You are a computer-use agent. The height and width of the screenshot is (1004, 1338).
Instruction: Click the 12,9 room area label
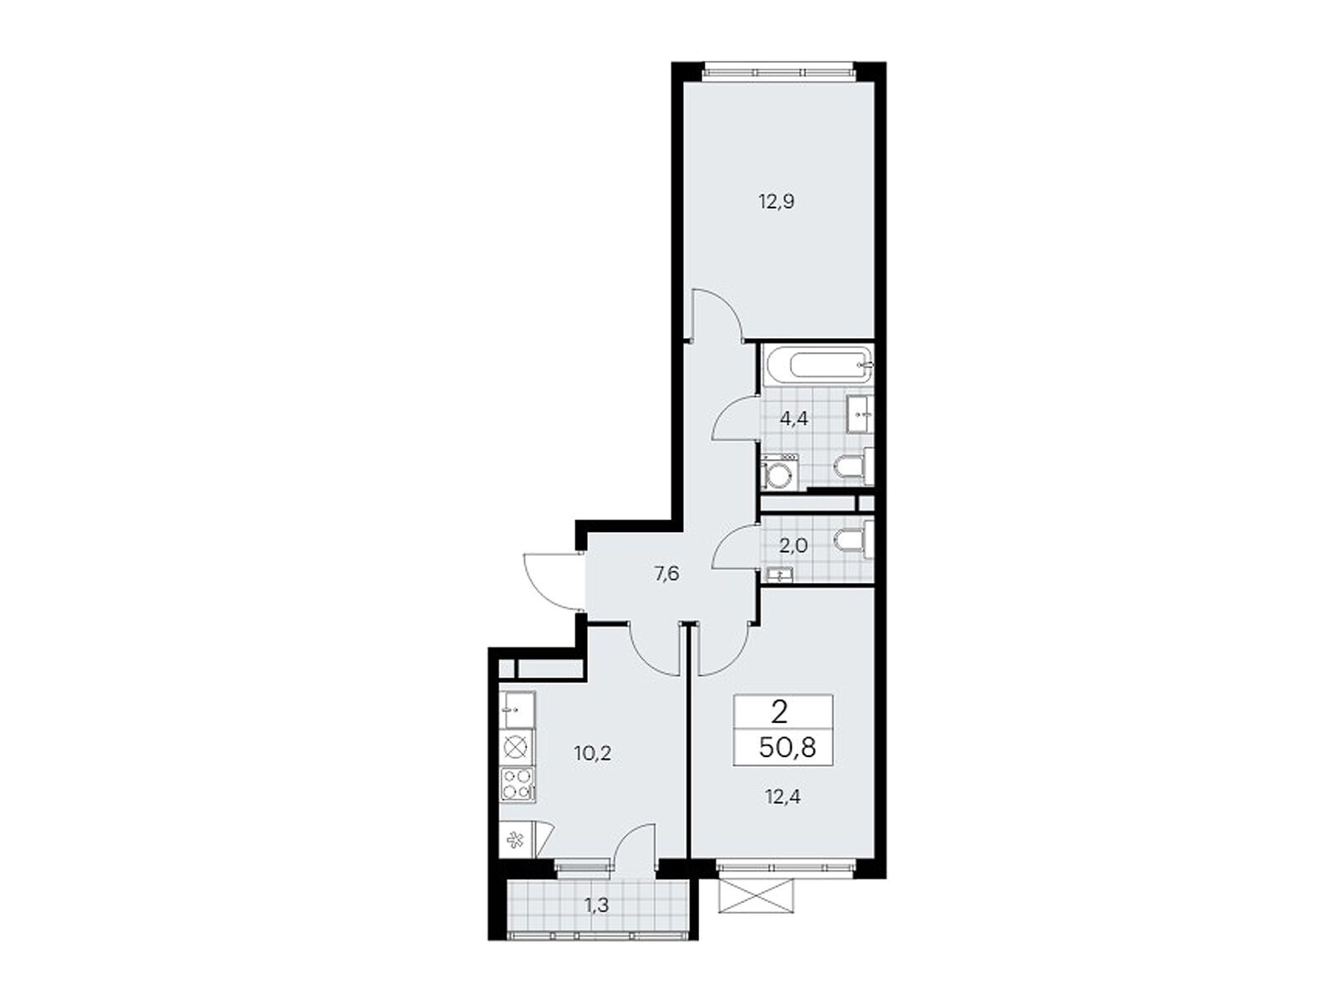(x=775, y=202)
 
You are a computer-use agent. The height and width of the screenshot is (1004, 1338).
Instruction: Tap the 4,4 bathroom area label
(x=794, y=419)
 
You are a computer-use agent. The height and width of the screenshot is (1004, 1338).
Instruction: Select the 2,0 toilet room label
(x=793, y=545)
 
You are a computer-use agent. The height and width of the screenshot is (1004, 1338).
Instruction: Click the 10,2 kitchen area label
(x=593, y=754)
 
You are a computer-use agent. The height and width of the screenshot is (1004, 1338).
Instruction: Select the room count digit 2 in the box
(x=779, y=712)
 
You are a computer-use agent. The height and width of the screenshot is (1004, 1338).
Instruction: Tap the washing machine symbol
(x=779, y=471)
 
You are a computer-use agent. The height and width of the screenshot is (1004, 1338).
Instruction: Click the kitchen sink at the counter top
(x=517, y=709)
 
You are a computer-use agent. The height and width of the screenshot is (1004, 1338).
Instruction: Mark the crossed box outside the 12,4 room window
(x=756, y=895)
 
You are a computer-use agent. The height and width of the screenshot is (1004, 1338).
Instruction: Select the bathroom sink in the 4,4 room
(x=860, y=414)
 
